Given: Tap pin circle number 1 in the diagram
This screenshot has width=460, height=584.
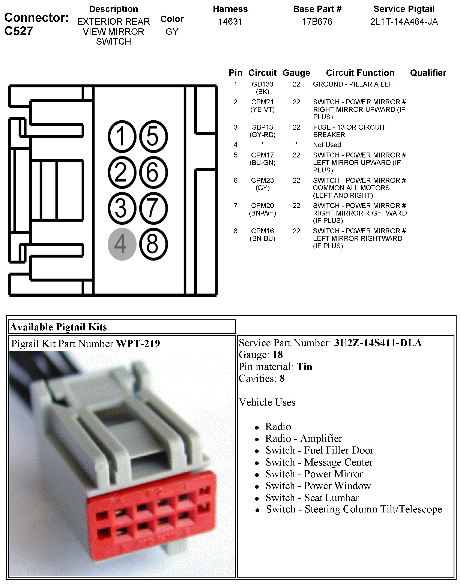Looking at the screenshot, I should point(122,136).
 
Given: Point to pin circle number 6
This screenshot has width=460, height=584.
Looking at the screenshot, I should point(153,172).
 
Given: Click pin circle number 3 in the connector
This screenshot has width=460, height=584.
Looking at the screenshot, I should point(122,208).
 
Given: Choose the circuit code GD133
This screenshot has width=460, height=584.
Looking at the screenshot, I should point(262,84).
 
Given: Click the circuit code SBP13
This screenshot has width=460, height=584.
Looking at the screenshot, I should point(262,127).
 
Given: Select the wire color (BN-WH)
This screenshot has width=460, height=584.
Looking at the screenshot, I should point(262,213).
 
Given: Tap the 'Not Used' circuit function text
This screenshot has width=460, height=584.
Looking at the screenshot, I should point(327,145).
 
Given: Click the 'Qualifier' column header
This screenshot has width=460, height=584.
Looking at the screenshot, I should point(428,73).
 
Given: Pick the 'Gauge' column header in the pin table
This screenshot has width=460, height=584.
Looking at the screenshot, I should point(296,73).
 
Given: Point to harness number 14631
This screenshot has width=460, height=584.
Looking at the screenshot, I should point(230,21).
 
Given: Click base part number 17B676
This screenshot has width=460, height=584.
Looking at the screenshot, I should point(317,21).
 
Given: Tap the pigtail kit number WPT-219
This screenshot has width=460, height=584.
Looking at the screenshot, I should point(138,344).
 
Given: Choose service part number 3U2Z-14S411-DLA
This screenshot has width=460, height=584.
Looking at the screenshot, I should point(378,343).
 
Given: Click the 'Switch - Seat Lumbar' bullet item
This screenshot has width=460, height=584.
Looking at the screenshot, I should point(312,498).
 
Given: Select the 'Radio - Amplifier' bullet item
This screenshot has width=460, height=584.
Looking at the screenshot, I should point(304,438).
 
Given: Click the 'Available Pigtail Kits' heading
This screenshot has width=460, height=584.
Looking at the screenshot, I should point(59,327).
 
